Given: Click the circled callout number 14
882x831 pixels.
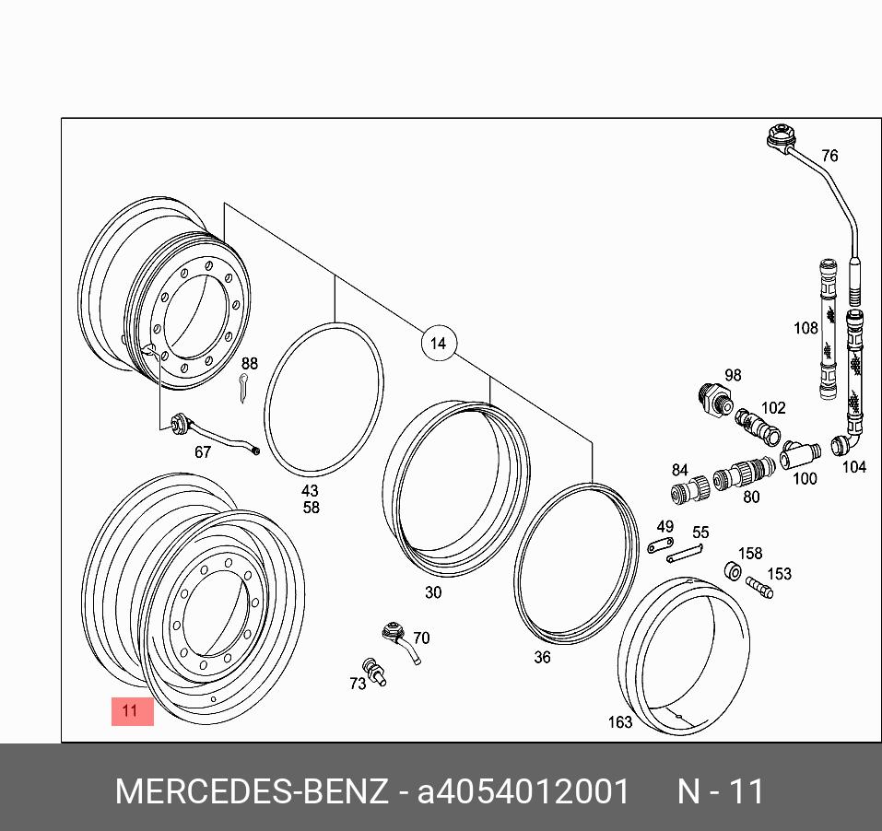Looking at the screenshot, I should [x=438, y=344].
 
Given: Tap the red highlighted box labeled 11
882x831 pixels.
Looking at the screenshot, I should [x=132, y=710].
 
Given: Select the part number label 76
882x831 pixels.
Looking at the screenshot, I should [x=829, y=156].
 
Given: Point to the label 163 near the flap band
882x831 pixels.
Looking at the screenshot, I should [x=619, y=721].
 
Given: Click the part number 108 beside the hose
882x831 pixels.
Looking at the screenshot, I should [x=806, y=328].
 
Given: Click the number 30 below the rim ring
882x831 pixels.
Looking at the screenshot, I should [x=433, y=592].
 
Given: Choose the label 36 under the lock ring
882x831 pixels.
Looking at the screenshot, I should [x=543, y=657].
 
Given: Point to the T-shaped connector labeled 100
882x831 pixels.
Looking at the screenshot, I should [x=799, y=454].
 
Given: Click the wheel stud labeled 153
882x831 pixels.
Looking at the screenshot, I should [x=759, y=587].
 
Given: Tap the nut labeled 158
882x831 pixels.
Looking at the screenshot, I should [x=735, y=573].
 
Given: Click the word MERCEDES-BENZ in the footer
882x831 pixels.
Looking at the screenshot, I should [x=251, y=791].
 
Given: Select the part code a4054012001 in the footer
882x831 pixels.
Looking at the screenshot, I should [x=523, y=791].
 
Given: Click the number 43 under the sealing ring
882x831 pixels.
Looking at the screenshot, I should [x=311, y=491].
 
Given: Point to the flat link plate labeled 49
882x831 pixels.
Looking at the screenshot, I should [x=661, y=548].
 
